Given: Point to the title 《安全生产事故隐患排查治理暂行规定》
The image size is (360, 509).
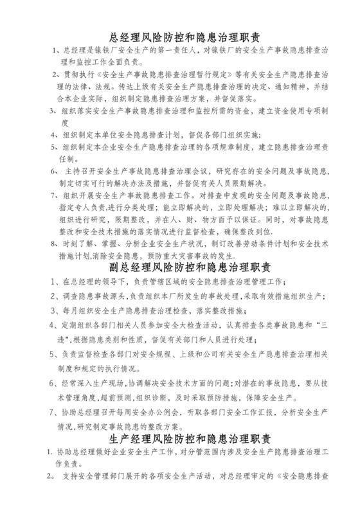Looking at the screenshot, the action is [154, 75].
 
